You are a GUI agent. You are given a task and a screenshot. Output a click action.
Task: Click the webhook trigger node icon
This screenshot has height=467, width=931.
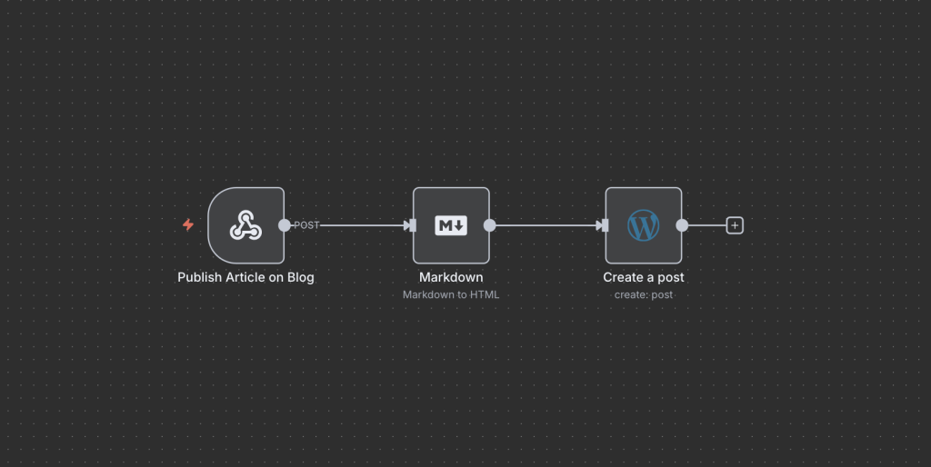245,225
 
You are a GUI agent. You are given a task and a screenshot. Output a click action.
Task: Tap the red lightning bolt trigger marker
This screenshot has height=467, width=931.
188,225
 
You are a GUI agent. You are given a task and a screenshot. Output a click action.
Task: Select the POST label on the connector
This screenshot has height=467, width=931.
306,225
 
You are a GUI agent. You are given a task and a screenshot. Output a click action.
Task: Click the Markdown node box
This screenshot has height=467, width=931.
451,225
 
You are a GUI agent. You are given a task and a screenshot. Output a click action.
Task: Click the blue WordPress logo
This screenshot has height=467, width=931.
644,225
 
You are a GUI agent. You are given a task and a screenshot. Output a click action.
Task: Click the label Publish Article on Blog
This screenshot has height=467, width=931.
245,277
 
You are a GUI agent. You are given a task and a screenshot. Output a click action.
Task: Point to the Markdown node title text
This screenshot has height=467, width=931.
451,277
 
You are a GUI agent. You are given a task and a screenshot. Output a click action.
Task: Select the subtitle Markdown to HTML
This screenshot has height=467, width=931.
451,294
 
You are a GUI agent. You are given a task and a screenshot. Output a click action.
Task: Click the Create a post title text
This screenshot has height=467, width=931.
644,277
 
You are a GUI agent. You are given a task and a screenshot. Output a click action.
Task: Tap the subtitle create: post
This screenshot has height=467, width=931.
644,294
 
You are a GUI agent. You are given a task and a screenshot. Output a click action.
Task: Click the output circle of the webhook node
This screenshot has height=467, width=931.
285,225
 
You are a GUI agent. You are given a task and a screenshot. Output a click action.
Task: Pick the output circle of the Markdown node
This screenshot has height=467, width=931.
490,225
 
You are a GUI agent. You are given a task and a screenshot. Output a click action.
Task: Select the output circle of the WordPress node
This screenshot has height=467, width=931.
682,225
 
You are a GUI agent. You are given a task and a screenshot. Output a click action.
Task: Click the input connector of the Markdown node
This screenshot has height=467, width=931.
411,225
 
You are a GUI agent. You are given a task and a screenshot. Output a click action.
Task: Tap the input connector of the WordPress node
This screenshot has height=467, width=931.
604,225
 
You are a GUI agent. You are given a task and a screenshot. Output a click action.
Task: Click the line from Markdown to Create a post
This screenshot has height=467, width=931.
546,225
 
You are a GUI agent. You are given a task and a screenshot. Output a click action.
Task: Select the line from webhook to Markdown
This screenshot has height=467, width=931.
362,225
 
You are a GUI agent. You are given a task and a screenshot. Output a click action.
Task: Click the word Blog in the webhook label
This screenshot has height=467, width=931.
301,277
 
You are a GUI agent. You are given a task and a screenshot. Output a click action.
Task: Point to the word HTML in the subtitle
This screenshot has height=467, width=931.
486,294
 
